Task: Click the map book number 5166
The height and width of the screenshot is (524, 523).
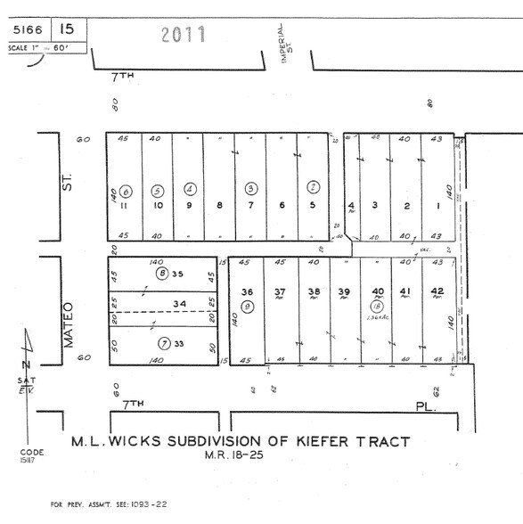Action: (x=27, y=29)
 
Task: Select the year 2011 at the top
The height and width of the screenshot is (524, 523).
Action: (x=184, y=34)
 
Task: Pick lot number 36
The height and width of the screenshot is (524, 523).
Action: (x=248, y=291)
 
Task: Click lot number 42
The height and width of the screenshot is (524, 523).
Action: (x=437, y=291)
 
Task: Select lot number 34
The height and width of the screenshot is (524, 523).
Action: (x=181, y=303)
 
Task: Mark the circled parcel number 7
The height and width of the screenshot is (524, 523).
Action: (x=165, y=344)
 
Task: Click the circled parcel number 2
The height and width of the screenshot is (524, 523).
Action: (x=313, y=187)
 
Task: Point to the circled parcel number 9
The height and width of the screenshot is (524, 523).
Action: (x=248, y=306)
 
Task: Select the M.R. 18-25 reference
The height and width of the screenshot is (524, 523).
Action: (x=242, y=457)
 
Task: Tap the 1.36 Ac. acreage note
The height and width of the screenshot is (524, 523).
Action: (x=377, y=317)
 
